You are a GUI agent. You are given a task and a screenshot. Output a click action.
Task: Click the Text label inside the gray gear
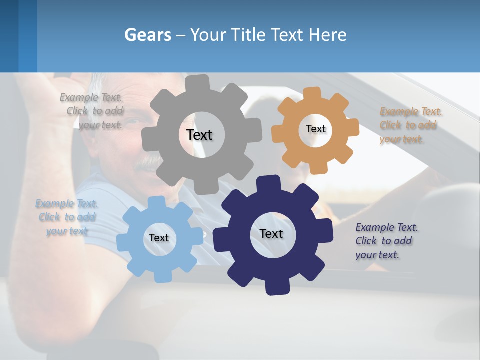[x=199, y=135]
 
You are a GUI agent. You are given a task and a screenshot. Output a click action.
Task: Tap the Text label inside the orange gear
[x=315, y=129]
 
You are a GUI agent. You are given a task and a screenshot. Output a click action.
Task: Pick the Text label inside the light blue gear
[x=158, y=238]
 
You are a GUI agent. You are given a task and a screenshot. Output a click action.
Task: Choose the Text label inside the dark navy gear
[x=271, y=233]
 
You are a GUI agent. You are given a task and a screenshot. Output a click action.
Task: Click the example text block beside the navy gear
[x=386, y=241]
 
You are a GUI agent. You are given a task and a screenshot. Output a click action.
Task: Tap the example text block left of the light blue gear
[x=67, y=217]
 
